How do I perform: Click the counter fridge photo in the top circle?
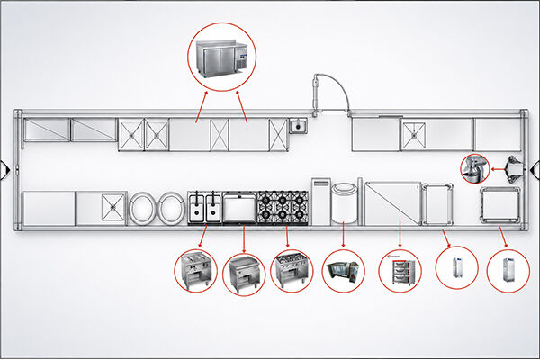pyautogui.click(x=221, y=59)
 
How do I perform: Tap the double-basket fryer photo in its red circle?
pyautogui.click(x=195, y=270)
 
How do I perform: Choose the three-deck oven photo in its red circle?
pyautogui.click(x=399, y=270)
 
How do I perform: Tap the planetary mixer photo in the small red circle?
pyautogui.click(x=474, y=168)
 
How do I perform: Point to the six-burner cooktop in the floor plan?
pyautogui.click(x=283, y=207)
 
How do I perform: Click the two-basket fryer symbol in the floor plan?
pyautogui.click(x=205, y=207)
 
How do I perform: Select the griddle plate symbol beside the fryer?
pyautogui.click(x=240, y=207)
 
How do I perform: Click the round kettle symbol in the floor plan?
pyautogui.click(x=344, y=204)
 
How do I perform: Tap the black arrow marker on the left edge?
pyautogui.click(x=5, y=167)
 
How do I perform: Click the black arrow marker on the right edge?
pyautogui.click(x=535, y=167)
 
